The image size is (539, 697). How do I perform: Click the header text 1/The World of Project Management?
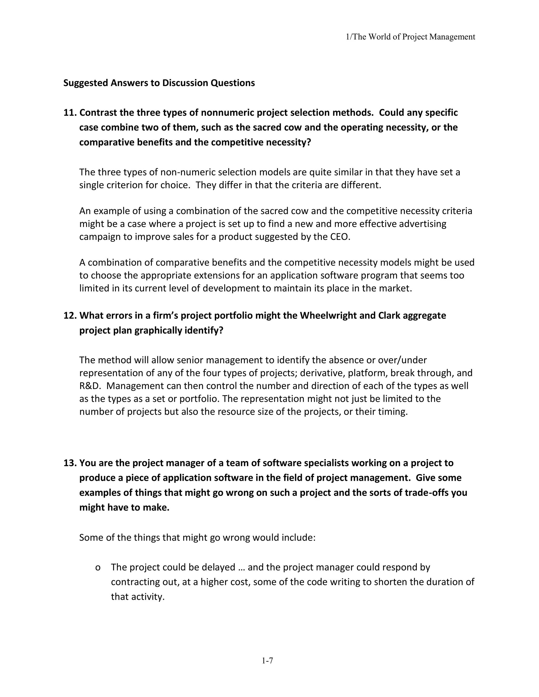(x=411, y=37)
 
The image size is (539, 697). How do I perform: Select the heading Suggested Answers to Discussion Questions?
(x=159, y=83)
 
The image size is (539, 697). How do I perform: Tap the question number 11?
(x=70, y=113)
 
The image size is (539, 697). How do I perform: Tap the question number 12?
(x=70, y=315)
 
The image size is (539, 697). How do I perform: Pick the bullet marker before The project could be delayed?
(x=98, y=567)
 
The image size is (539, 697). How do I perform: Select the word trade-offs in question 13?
(x=426, y=492)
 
